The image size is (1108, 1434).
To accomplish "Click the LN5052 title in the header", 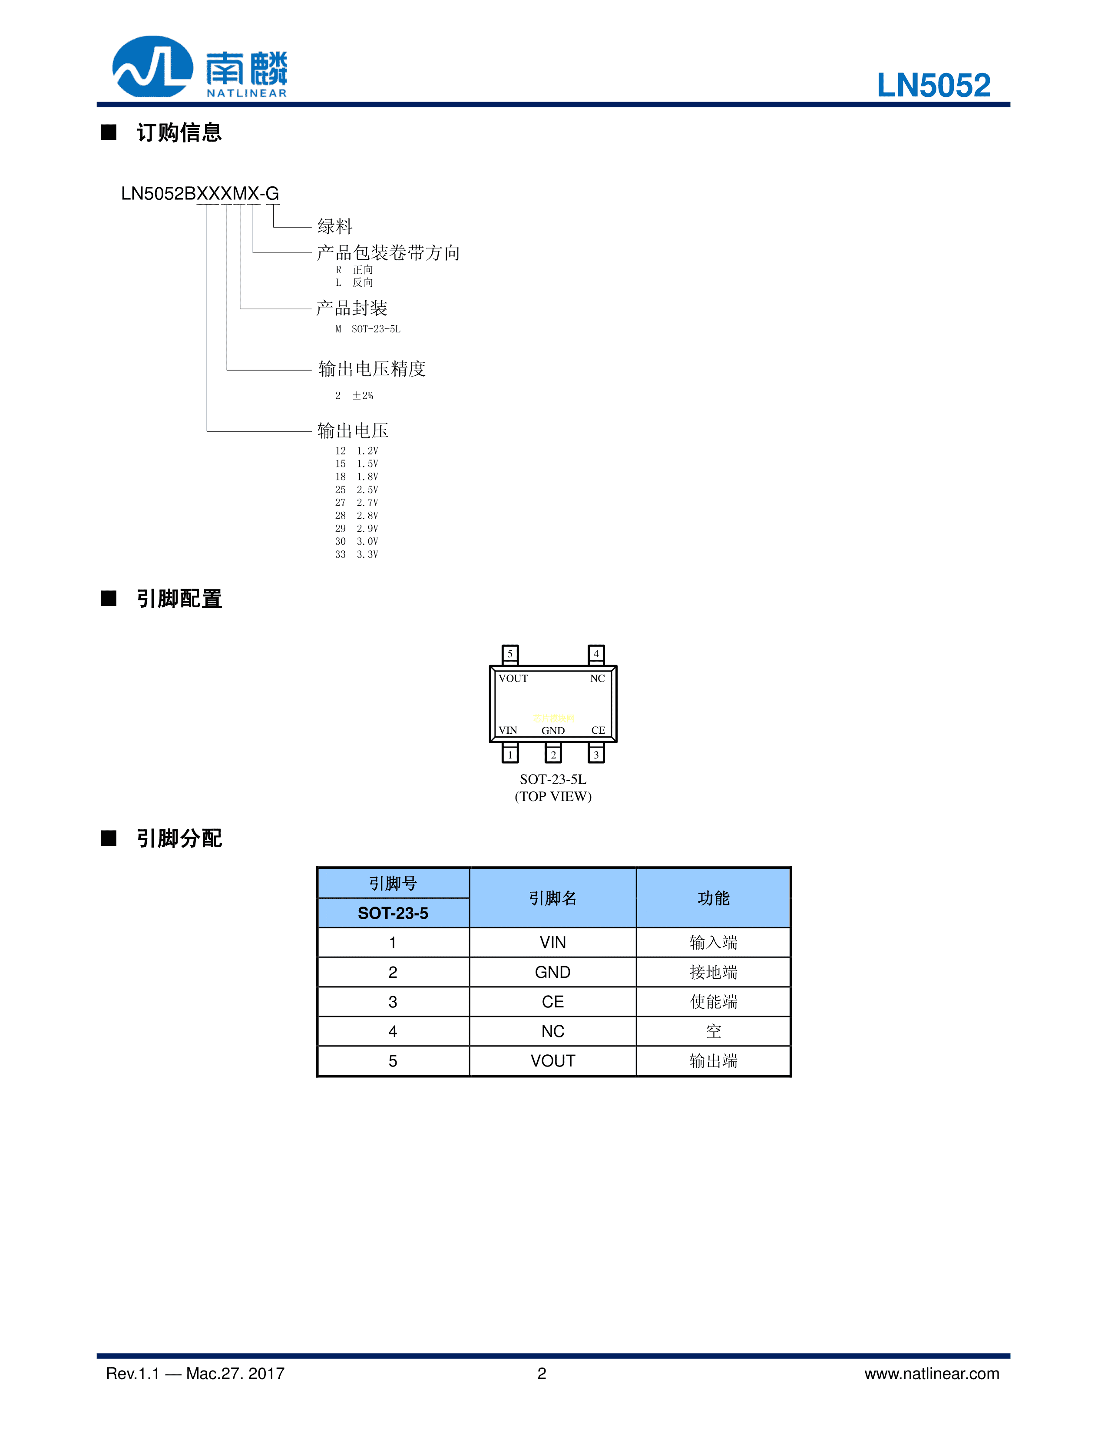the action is coord(933,85).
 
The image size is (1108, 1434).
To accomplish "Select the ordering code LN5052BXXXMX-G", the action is coord(200,194).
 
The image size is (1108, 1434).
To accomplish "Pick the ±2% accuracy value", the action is coord(362,395).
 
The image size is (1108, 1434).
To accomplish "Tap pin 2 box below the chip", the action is coord(553,754).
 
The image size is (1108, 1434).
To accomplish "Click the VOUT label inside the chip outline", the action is coord(513,678).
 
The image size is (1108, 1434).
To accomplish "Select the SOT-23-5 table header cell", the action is coord(393,913).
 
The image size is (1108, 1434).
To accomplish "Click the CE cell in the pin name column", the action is coord(552,1002).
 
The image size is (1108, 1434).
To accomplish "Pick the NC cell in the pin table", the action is coord(552,1031).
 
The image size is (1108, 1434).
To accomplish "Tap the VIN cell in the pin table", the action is coord(552,943).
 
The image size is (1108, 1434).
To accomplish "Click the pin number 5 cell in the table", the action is coord(393,1061).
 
